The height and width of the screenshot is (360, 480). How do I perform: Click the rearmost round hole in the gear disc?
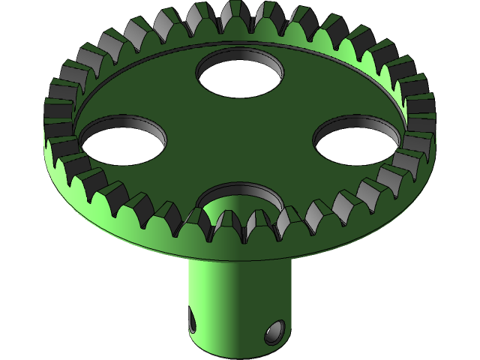click(x=240, y=73)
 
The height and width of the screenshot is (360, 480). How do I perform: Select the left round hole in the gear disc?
click(x=123, y=139)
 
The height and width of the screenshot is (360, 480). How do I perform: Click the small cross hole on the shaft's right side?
click(x=275, y=330)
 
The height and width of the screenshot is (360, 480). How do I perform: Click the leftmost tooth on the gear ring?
click(x=57, y=112)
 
